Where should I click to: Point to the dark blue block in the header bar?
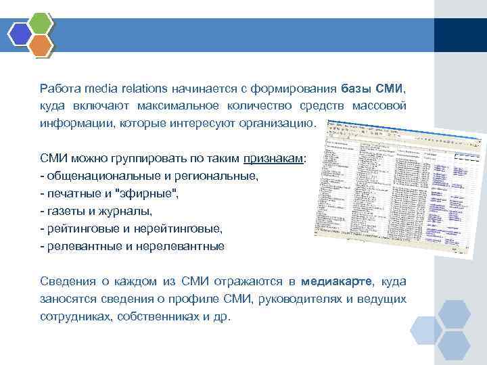pos(460,34)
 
